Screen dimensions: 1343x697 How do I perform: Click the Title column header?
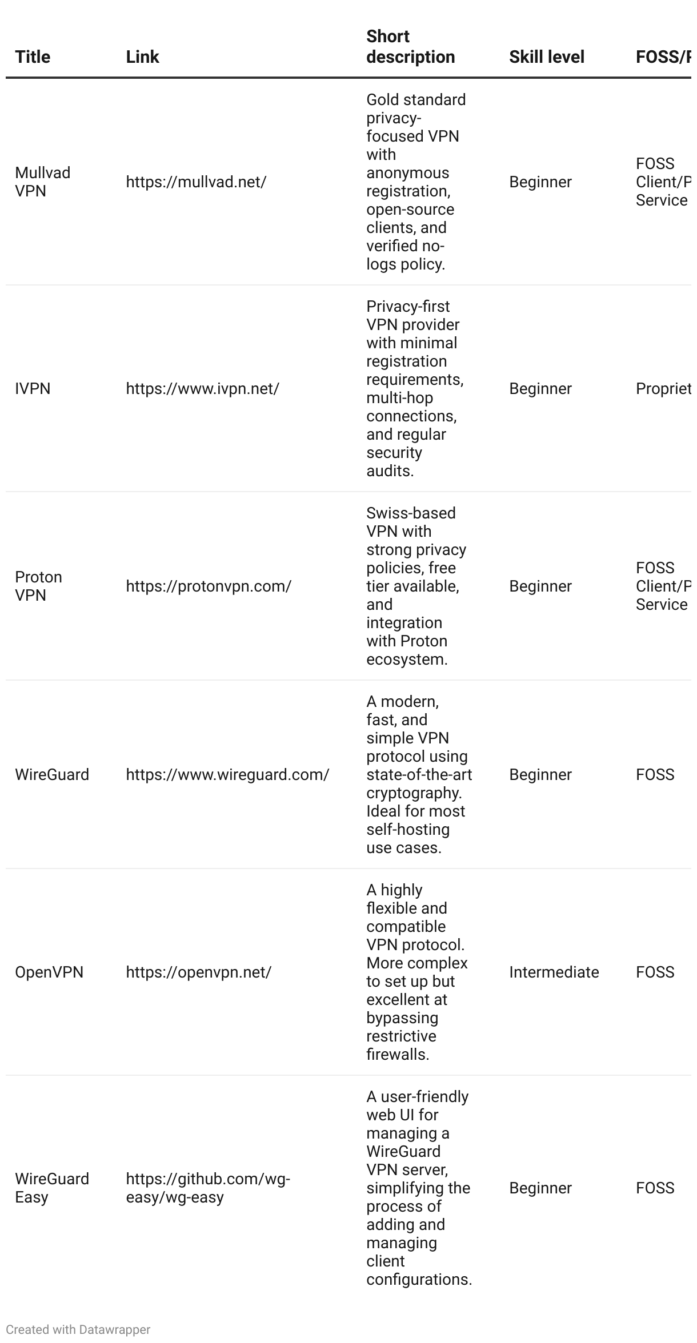point(33,57)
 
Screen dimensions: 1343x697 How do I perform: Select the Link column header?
point(142,57)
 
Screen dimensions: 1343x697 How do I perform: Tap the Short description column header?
point(410,47)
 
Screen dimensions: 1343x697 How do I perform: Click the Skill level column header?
point(546,57)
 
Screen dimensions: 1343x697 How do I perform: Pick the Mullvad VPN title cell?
point(42,182)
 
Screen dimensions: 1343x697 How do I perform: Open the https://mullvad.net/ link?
point(196,182)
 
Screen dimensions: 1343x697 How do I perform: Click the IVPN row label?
point(33,389)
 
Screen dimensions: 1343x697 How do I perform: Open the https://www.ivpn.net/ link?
point(202,389)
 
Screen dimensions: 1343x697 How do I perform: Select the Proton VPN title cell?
point(38,586)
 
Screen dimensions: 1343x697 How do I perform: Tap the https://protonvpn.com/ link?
point(209,586)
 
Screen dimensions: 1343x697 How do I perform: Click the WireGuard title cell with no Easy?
point(52,775)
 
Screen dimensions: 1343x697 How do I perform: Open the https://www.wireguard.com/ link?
point(227,775)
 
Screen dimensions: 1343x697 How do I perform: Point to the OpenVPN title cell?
point(49,972)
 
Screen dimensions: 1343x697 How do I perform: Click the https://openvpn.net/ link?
point(198,972)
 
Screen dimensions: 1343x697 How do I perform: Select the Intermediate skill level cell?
point(554,972)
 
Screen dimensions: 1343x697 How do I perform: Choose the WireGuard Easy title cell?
point(52,1188)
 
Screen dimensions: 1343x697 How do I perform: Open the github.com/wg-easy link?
point(208,1188)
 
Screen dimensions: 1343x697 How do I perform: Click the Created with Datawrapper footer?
point(78,1330)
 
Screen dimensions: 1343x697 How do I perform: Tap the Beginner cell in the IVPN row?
point(540,389)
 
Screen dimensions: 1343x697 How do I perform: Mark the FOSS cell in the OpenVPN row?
point(655,972)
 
